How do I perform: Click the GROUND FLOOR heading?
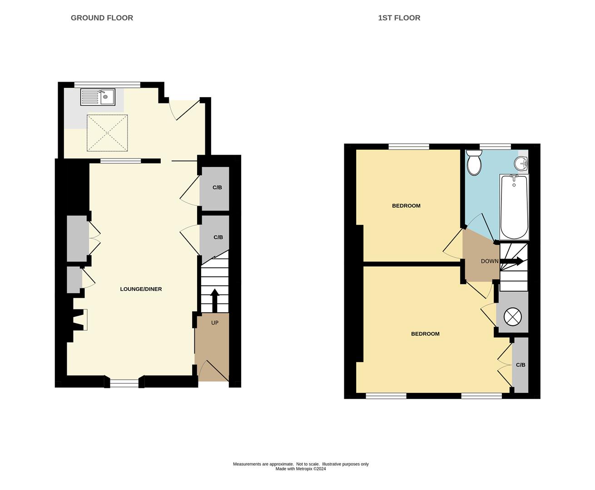[x=102, y=18]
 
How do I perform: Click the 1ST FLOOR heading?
[x=399, y=18]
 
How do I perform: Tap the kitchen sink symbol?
[x=98, y=97]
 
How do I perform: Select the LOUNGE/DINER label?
[x=141, y=289]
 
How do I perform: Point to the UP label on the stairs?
[x=215, y=323]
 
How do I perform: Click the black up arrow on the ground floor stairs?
[x=215, y=300]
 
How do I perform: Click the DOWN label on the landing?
[x=489, y=261]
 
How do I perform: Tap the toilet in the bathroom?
[x=474, y=163]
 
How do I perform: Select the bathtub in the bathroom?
[x=514, y=206]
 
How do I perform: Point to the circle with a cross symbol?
[x=512, y=316]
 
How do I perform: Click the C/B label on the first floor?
[x=521, y=365]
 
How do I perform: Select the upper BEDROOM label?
[x=406, y=206]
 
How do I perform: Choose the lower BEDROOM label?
[x=425, y=334]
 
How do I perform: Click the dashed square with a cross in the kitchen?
[x=107, y=133]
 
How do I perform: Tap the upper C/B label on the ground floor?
[x=217, y=187]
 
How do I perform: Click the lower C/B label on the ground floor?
[x=218, y=237]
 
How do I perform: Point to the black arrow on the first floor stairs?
[x=512, y=261]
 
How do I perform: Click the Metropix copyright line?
[x=301, y=469]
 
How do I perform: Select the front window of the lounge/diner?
[x=124, y=384]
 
